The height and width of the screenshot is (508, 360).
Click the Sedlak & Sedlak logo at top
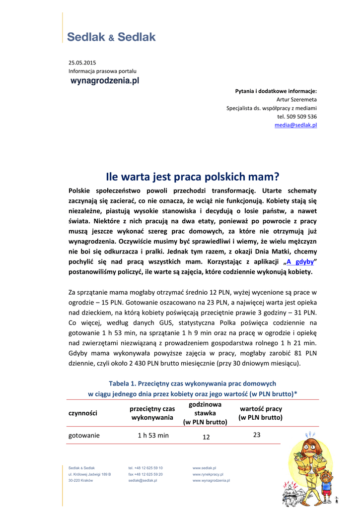pyautogui.click(x=111, y=37)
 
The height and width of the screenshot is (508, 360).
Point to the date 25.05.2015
pyautogui.click(x=82, y=63)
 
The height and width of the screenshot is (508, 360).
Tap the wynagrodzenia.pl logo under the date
pyautogui.click(x=104, y=80)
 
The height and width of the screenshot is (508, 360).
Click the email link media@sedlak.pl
pyautogui.click(x=295, y=125)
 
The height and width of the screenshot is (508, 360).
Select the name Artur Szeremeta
pyautogui.click(x=296, y=99)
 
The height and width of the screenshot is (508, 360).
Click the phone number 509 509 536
pyautogui.click(x=297, y=117)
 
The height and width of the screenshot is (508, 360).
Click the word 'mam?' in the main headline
pyautogui.click(x=267, y=176)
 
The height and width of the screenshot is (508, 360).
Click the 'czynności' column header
pyautogui.click(x=82, y=413)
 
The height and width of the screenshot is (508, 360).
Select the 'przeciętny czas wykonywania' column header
pyautogui.click(x=152, y=413)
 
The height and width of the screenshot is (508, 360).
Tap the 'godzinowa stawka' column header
pyautogui.click(x=205, y=413)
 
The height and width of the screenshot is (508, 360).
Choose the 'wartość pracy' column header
pyautogui.click(x=260, y=413)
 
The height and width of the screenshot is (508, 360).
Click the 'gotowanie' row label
pyautogui.click(x=84, y=435)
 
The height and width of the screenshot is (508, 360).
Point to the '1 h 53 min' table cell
pyautogui.click(x=153, y=435)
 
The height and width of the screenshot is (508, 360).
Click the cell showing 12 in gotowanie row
pyautogui.click(x=206, y=437)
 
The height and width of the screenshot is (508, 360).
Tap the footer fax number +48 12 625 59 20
pyautogui.click(x=145, y=474)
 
